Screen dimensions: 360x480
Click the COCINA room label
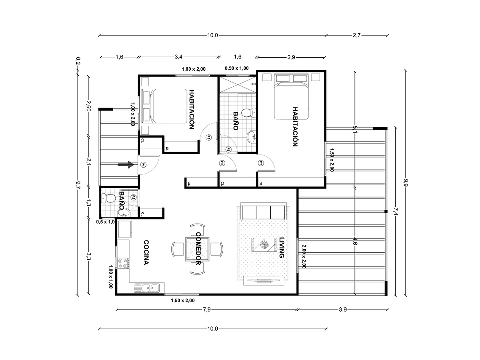point(146,253)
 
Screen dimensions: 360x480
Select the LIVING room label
point(282,248)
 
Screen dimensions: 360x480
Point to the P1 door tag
point(143,165)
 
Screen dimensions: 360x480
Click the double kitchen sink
point(147,288)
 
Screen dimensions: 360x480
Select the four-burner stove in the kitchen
point(124,264)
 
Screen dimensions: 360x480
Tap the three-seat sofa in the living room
point(263,212)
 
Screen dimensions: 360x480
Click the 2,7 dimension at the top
point(357,35)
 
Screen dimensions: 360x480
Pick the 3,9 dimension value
point(342,310)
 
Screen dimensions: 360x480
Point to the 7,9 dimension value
point(207,310)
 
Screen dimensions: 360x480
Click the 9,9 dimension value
point(405,183)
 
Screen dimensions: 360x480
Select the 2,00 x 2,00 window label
point(303,256)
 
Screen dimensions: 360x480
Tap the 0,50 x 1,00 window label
point(236,68)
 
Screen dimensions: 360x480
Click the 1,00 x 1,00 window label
point(110,277)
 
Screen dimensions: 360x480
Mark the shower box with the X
point(237,85)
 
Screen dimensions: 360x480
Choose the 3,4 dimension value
point(178,57)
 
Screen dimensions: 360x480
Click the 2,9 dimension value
point(291,57)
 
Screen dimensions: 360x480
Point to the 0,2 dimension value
point(77,61)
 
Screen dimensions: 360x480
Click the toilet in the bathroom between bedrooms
point(251,112)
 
